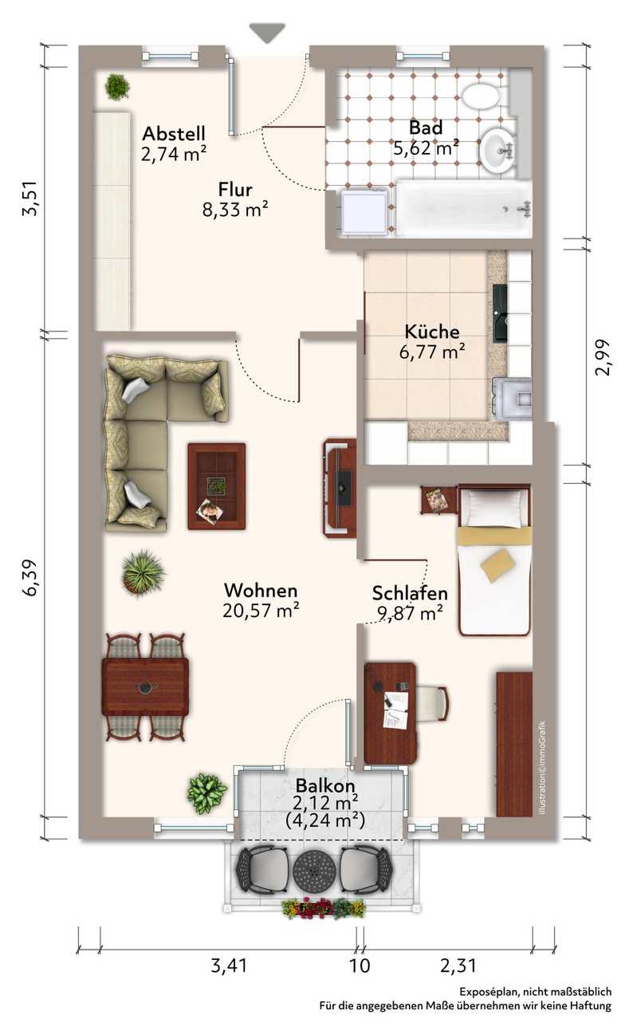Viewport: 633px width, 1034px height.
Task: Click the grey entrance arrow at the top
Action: [x=267, y=33]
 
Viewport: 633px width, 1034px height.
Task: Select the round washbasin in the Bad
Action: [x=497, y=151]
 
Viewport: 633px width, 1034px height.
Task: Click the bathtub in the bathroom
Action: [x=463, y=209]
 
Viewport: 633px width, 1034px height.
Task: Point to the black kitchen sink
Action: [x=500, y=313]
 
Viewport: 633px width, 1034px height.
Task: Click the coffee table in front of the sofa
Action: [x=217, y=486]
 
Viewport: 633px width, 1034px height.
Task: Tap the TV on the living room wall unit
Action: [x=344, y=487]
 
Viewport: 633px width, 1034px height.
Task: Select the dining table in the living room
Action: [x=145, y=686]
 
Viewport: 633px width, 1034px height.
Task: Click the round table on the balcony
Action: [x=313, y=870]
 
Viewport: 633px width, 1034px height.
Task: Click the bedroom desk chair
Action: [x=432, y=703]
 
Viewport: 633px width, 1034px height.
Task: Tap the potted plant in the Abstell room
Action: [x=117, y=86]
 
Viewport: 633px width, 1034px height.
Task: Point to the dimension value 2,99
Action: [x=602, y=357]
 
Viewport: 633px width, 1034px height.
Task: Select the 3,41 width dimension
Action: [x=229, y=965]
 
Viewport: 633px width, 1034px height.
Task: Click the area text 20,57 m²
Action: [x=261, y=610]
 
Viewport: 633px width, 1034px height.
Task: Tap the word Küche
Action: [x=432, y=332]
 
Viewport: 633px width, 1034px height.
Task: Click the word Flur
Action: [x=235, y=189]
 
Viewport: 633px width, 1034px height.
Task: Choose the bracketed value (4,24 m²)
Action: [x=325, y=820]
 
